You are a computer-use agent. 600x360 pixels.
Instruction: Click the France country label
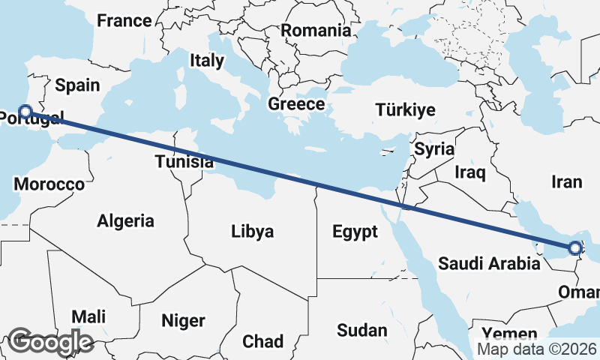click(124, 20)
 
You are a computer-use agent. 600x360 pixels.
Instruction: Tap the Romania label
click(316, 31)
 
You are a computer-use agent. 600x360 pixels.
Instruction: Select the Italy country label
click(207, 61)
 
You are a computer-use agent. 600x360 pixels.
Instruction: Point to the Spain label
click(77, 85)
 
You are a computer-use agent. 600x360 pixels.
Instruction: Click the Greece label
click(296, 104)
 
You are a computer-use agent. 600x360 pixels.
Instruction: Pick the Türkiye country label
click(405, 110)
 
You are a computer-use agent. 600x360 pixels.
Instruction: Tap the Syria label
click(434, 148)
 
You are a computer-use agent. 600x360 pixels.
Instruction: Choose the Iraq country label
click(470, 172)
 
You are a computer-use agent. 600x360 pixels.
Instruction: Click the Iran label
click(566, 181)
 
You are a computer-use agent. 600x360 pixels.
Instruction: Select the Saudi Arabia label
click(489, 263)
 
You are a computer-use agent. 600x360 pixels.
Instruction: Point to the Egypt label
click(355, 232)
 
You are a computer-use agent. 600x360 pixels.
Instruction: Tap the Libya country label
click(252, 230)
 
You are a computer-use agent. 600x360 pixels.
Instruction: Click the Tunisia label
click(180, 160)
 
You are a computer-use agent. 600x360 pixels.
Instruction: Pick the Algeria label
click(125, 220)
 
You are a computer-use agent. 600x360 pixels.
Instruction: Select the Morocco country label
click(49, 184)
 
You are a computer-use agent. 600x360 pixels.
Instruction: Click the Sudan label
click(361, 330)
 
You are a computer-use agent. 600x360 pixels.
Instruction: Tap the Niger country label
click(183, 320)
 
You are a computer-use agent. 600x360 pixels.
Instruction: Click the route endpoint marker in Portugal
click(25, 112)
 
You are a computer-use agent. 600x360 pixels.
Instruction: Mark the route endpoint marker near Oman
click(574, 247)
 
